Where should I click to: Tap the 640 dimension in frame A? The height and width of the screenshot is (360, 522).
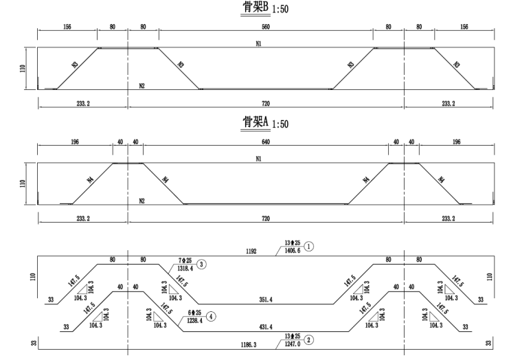tap(266, 143)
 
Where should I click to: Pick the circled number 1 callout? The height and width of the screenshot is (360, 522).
tap(309, 245)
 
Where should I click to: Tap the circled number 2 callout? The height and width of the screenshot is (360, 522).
tap(309, 339)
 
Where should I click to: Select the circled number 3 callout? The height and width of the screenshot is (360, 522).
tap(201, 264)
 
